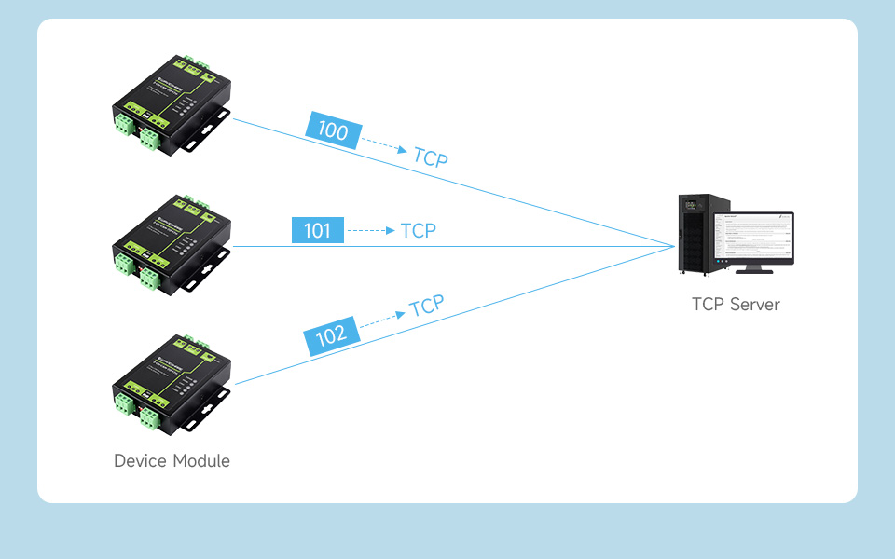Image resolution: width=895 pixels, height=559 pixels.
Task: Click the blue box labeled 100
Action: [333, 130]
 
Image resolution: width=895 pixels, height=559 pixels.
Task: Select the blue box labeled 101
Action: [317, 230]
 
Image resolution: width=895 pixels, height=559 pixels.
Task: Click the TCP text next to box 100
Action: [431, 157]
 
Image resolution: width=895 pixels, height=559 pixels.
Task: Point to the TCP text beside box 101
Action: [418, 230]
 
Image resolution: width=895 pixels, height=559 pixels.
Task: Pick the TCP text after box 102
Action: [427, 306]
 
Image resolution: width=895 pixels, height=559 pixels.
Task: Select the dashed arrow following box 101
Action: [371, 230]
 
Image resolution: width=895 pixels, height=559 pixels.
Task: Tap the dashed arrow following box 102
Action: [382, 319]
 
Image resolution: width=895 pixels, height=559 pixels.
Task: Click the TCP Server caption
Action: [736, 305]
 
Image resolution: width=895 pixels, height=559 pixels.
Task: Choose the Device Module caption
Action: [172, 461]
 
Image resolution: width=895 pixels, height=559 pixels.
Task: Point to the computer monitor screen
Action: [753, 238]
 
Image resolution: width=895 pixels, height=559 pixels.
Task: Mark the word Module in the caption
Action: [200, 461]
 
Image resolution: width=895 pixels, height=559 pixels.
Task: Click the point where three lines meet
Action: [675, 247]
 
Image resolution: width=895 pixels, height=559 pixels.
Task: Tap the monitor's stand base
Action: [753, 271]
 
